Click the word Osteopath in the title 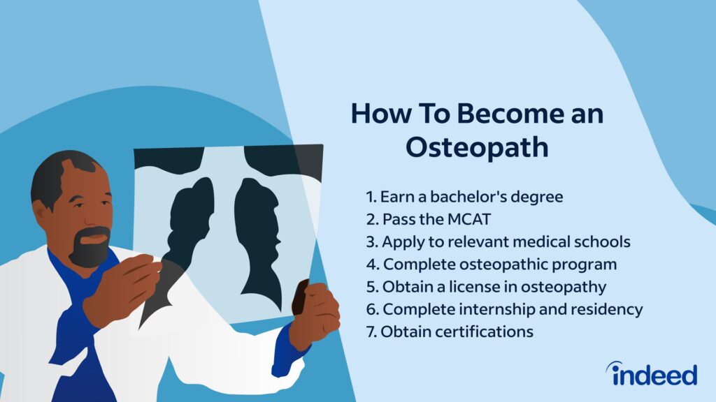coord(477,148)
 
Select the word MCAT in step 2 coord(468,219)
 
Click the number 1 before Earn coord(371,197)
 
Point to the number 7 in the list coord(371,332)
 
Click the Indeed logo coord(652,373)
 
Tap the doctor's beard coord(90,248)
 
